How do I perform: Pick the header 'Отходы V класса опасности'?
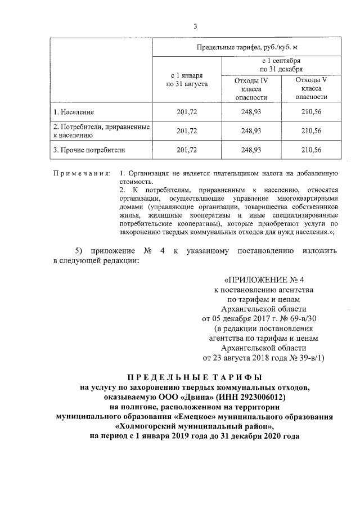[x=311, y=88]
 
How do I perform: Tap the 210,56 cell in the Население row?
[x=311, y=112]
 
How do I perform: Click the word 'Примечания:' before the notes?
[x=82, y=172]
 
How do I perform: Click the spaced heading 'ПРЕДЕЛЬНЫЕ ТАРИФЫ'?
[x=195, y=377]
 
